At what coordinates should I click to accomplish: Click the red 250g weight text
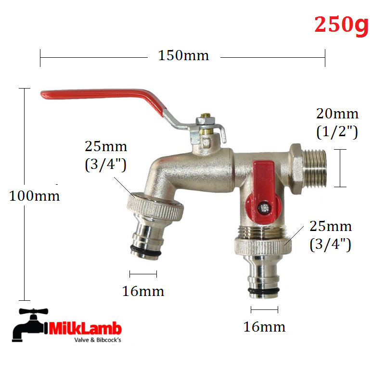click(x=341, y=26)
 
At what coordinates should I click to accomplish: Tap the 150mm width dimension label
click(x=183, y=55)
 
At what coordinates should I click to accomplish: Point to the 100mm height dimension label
click(x=34, y=196)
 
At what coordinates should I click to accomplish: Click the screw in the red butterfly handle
click(x=264, y=208)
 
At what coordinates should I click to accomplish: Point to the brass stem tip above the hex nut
click(x=205, y=115)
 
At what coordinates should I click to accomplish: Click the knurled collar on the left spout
click(x=155, y=207)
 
